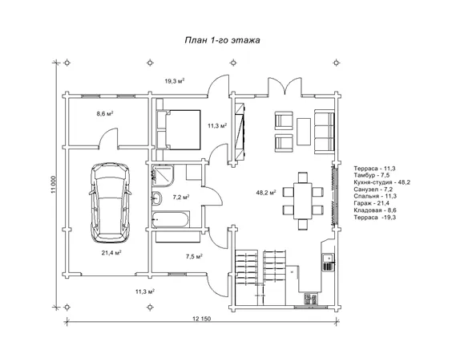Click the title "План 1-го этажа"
[x=222, y=40]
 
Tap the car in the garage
[x=110, y=203]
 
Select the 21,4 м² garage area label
[x=111, y=253]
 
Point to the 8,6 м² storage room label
[x=104, y=113]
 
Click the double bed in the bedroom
[x=178, y=129]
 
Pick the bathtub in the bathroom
[x=171, y=220]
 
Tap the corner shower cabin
[x=163, y=176]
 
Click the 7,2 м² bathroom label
[x=181, y=197]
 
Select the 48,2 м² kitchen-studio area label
[x=266, y=193]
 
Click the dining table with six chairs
[x=303, y=201]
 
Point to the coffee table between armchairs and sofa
[x=304, y=132]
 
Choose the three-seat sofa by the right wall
[x=324, y=132]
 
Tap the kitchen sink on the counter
[x=328, y=257]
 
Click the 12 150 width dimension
[x=202, y=319]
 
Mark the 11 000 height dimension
[x=54, y=184]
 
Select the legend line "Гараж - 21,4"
[x=372, y=203]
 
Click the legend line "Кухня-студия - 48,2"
[x=382, y=182]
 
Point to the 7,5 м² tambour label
[x=194, y=256]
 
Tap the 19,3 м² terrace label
[x=175, y=81]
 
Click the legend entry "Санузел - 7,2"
[x=373, y=190]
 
